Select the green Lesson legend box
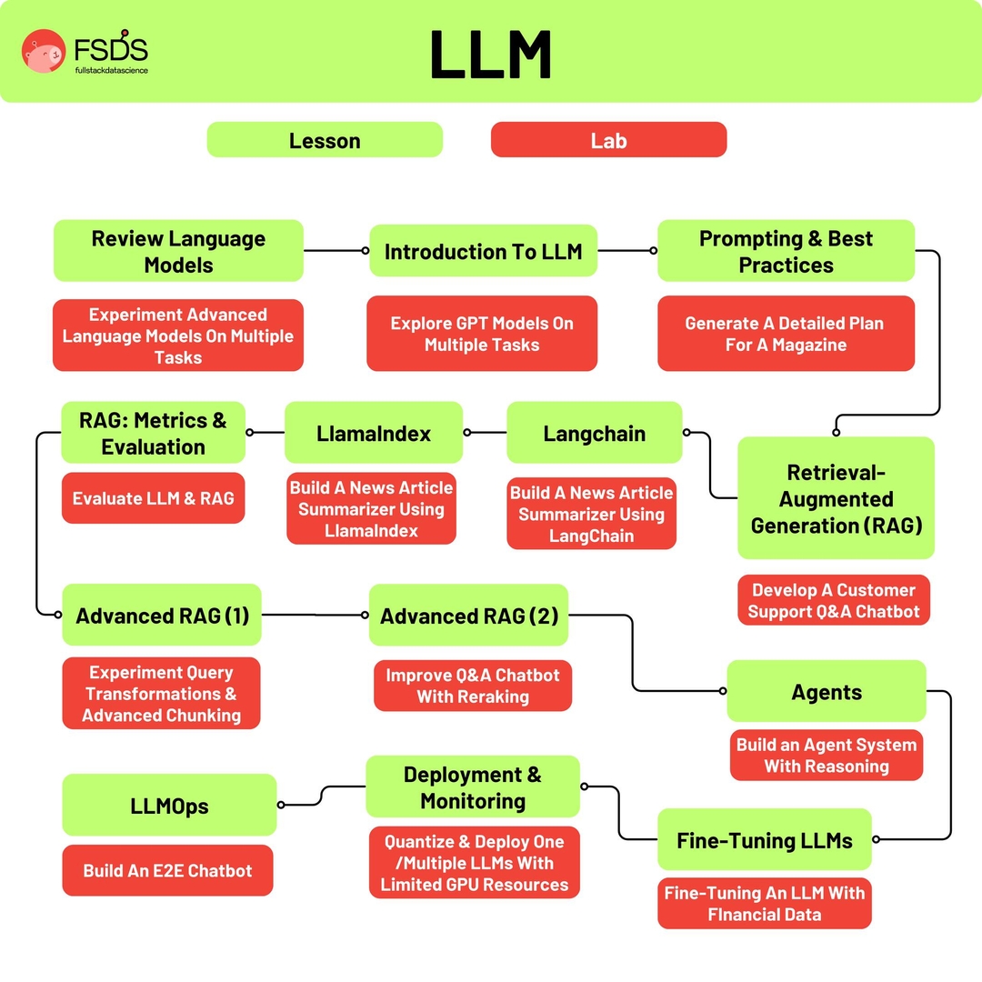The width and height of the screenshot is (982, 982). coord(325,140)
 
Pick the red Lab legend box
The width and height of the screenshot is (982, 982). coord(608,140)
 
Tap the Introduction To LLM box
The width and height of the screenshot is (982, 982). coord(483,251)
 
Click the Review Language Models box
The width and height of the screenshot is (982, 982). coord(178,251)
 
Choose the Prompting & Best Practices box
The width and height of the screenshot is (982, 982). coord(786,251)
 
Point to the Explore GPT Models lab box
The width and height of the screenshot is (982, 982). coord(482,334)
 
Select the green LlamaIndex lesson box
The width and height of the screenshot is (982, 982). coord(374,433)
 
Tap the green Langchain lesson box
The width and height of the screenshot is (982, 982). coord(594,433)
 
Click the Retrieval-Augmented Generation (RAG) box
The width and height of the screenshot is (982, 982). coord(836,498)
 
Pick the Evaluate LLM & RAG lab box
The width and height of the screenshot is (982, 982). coord(153,498)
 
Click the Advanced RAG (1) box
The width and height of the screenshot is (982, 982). coord(162,616)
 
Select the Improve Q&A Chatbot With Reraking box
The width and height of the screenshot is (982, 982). coord(473,686)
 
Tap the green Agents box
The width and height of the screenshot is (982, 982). coord(826,692)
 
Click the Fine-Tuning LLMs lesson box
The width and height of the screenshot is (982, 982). coord(764,840)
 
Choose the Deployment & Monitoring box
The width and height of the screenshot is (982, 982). coord(473,787)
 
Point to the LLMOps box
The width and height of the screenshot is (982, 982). coord(169,805)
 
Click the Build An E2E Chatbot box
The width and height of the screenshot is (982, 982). coord(167,870)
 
